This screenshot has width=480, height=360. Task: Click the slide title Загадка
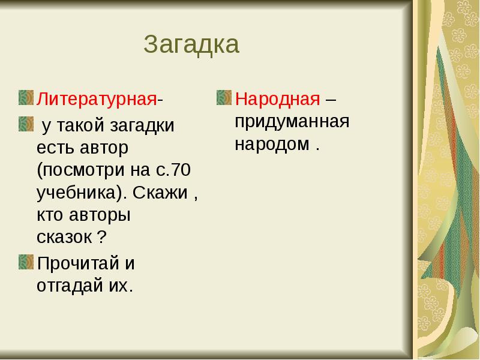192,45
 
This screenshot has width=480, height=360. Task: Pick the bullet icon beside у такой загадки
26,124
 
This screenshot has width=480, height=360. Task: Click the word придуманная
292,121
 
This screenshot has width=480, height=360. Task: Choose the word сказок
64,236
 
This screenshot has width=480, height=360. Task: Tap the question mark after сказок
102,236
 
